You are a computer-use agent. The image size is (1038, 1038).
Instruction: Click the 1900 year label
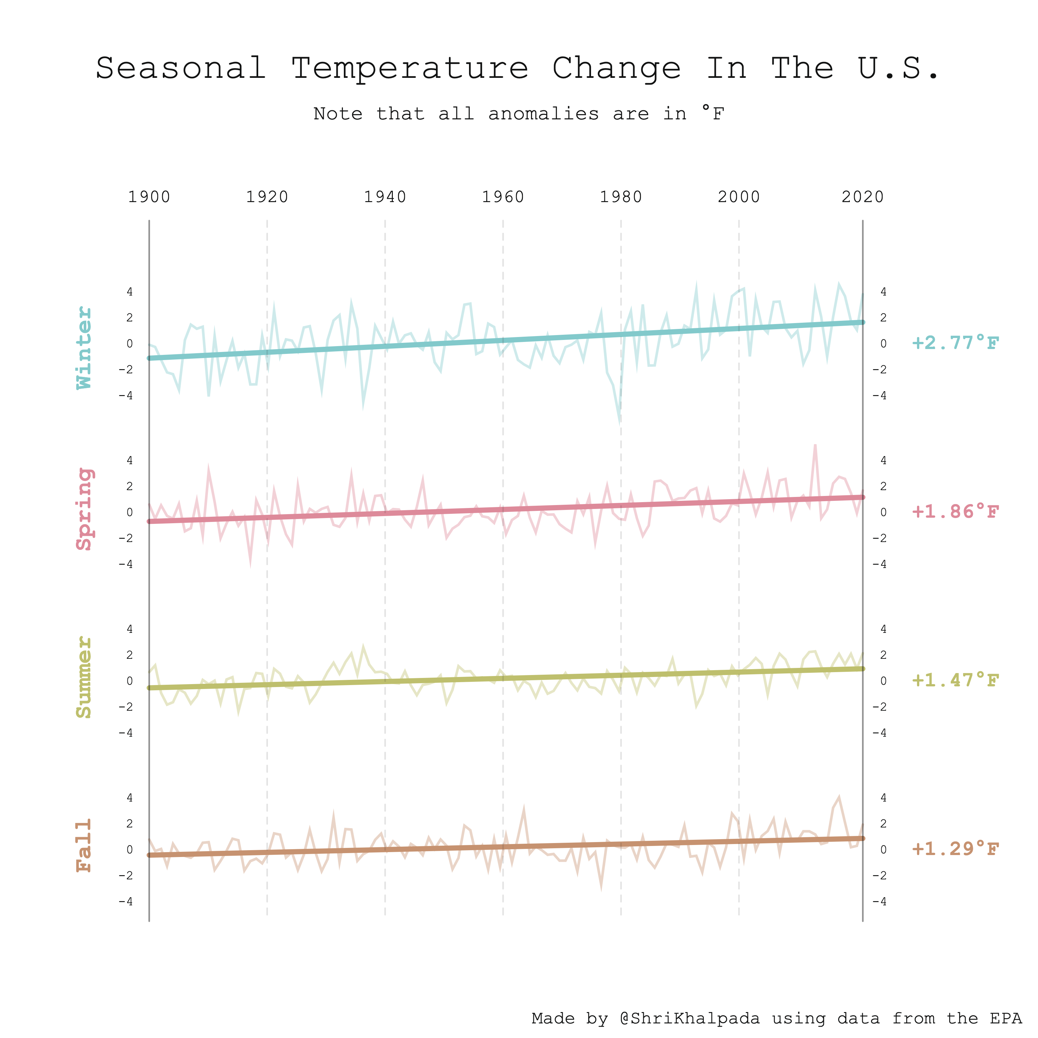point(149,197)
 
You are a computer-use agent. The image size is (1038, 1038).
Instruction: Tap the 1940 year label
point(385,197)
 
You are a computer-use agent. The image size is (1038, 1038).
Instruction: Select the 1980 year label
point(621,197)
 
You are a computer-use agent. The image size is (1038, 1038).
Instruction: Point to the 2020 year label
point(862,197)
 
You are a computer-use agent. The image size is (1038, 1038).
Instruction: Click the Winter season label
point(84,348)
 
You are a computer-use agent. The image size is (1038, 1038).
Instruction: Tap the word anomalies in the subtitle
point(543,114)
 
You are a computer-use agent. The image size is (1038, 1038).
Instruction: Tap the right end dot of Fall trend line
point(862,838)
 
